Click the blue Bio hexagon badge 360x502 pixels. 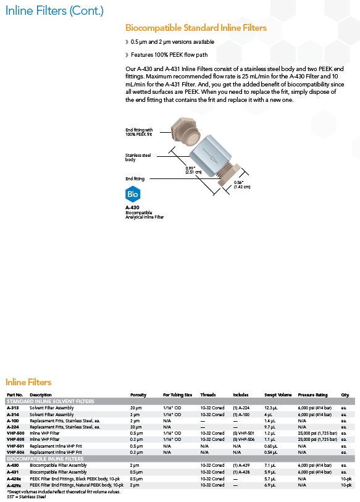point(133,194)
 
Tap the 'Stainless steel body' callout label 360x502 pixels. point(138,157)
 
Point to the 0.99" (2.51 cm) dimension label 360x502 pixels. point(193,170)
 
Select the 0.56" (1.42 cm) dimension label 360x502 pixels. point(242,185)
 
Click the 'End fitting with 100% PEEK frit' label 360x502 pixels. point(139,132)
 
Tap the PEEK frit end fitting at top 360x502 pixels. point(185,132)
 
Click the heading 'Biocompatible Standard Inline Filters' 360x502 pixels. point(196,28)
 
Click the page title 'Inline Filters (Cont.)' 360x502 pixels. point(54,10)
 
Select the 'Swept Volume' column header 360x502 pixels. point(278,395)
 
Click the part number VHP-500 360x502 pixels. point(15,433)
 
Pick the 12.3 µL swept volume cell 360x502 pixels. point(270,408)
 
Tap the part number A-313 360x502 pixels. point(13,408)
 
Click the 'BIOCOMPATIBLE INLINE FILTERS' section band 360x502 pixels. point(180,459)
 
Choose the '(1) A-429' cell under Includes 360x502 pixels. point(241,465)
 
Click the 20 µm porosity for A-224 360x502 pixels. point(136,427)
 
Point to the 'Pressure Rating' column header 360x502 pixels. point(312,395)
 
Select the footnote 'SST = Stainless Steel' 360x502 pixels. point(27,496)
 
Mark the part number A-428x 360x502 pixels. point(14,479)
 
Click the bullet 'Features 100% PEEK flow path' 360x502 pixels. point(169,55)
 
